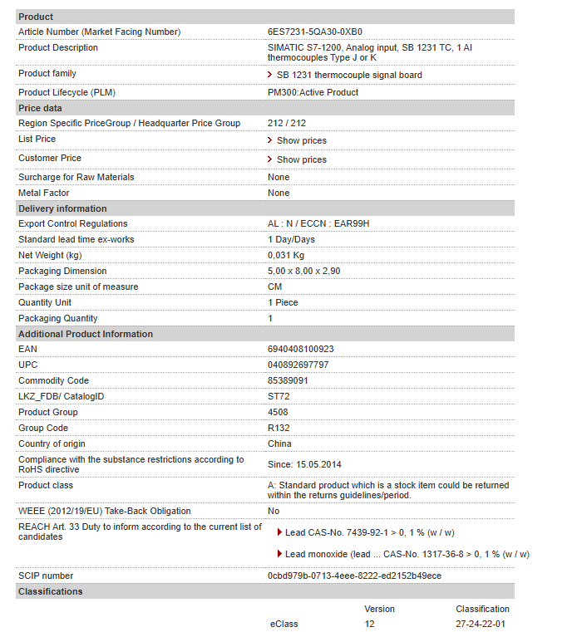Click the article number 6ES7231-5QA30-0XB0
pyautogui.click(x=314, y=32)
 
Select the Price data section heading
pyautogui.click(x=40, y=108)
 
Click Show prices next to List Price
pyautogui.click(x=301, y=140)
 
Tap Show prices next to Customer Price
pyautogui.click(x=301, y=159)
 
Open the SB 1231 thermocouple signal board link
pyautogui.click(x=349, y=75)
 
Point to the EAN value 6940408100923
pyautogui.click(x=300, y=350)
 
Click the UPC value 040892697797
pyautogui.click(x=298, y=365)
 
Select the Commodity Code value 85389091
pyautogui.click(x=288, y=381)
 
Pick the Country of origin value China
pyautogui.click(x=279, y=444)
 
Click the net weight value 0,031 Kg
pyautogui.click(x=286, y=256)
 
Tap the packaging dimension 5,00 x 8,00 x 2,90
pyautogui.click(x=303, y=272)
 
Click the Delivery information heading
pyautogui.click(x=62, y=208)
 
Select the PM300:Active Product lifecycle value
pyautogui.click(x=313, y=92)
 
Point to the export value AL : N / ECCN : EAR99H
pyautogui.click(x=318, y=224)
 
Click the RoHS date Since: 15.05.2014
pyautogui.click(x=304, y=465)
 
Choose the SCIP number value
pyautogui.click(x=354, y=576)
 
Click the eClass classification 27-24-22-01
pyautogui.click(x=481, y=624)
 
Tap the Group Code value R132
pyautogui.click(x=279, y=429)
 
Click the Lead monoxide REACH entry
pyautogui.click(x=407, y=554)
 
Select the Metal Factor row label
pyautogui.click(x=44, y=193)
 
